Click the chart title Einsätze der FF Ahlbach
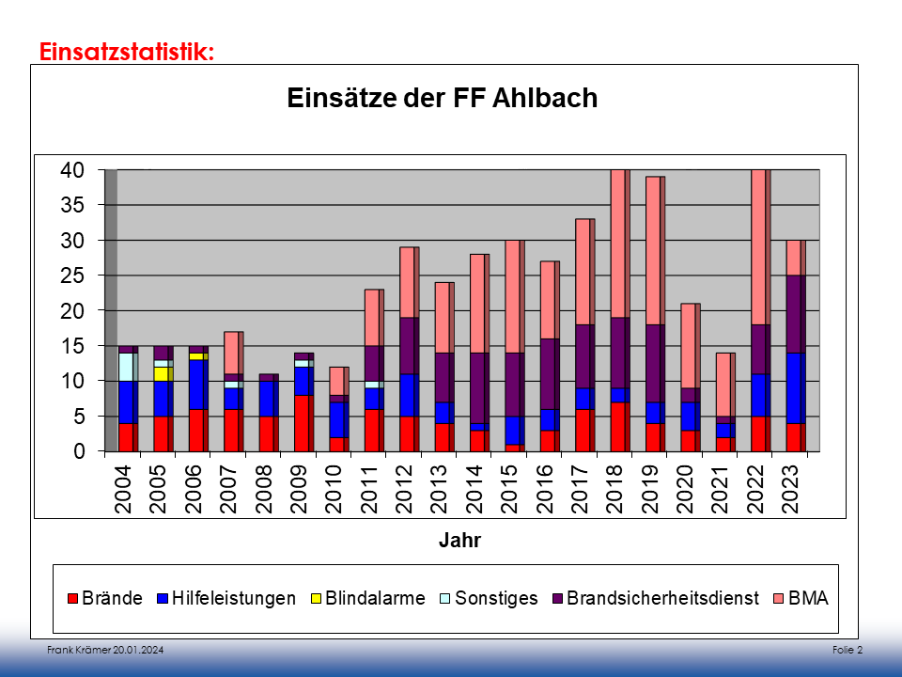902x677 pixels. (x=442, y=98)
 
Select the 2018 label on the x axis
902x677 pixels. (x=615, y=488)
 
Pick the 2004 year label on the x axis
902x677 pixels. (x=122, y=488)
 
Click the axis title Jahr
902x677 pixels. (x=459, y=541)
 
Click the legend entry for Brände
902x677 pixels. (x=104, y=598)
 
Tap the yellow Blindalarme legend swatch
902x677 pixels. (x=318, y=599)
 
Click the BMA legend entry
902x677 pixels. (x=801, y=598)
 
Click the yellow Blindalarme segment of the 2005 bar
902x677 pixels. (x=161, y=374)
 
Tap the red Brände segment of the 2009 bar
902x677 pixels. (x=302, y=423)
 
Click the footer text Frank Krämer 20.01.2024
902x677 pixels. (x=98, y=651)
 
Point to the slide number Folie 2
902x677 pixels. (x=847, y=651)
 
